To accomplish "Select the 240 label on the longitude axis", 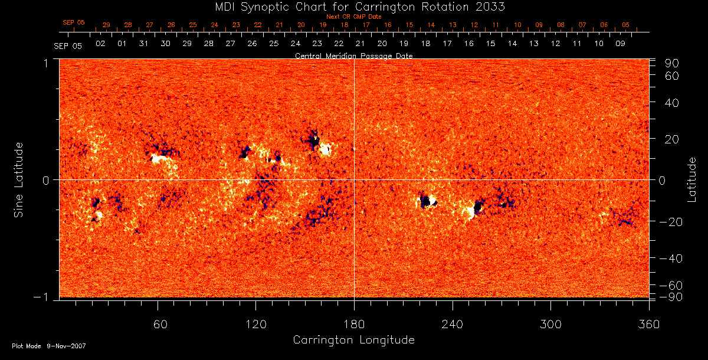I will coord(453,325).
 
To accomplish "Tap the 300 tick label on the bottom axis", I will coord(550,325).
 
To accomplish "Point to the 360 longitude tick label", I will coord(649,325).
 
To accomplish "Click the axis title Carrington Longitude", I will coord(353,340).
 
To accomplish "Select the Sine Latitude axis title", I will coord(19,179).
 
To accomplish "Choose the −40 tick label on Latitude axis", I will coord(670,258).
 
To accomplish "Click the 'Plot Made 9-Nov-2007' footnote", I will coord(49,345).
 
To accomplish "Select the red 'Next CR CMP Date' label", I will coord(353,17).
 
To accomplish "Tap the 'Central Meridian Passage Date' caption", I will coord(353,55).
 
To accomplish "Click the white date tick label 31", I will coord(143,44).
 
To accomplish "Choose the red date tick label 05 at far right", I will coord(626,25).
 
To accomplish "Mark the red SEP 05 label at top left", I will coord(74,22).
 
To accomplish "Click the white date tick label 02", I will coord(100,44).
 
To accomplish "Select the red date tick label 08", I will coord(560,25).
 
